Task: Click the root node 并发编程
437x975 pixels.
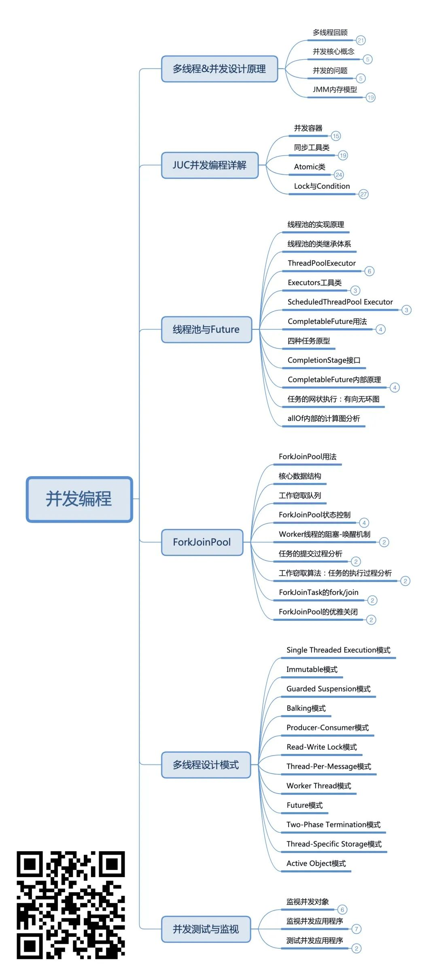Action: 79,499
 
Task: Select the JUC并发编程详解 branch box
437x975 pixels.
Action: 210,165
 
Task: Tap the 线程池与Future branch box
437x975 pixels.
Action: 206,329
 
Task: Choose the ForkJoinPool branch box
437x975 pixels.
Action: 202,542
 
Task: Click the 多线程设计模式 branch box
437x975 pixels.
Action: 206,765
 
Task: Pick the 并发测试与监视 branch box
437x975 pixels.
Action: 206,929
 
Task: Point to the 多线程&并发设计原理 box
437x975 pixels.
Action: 219,69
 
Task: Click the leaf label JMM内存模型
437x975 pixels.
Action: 335,89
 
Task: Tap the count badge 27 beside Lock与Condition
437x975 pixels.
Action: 363,194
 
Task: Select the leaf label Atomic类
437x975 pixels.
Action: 310,167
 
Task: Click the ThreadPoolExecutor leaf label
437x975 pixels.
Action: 322,263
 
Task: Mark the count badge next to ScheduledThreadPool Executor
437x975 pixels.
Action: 406,310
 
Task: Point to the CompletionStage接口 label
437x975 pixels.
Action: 324,360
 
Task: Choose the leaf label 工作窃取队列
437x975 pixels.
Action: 300,496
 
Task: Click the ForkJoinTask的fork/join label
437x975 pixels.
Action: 318,593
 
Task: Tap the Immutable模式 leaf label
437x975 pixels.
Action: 312,669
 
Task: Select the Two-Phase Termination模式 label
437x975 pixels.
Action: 333,825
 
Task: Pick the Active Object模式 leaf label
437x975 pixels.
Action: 316,863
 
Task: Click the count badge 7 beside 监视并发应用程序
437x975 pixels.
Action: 356,929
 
